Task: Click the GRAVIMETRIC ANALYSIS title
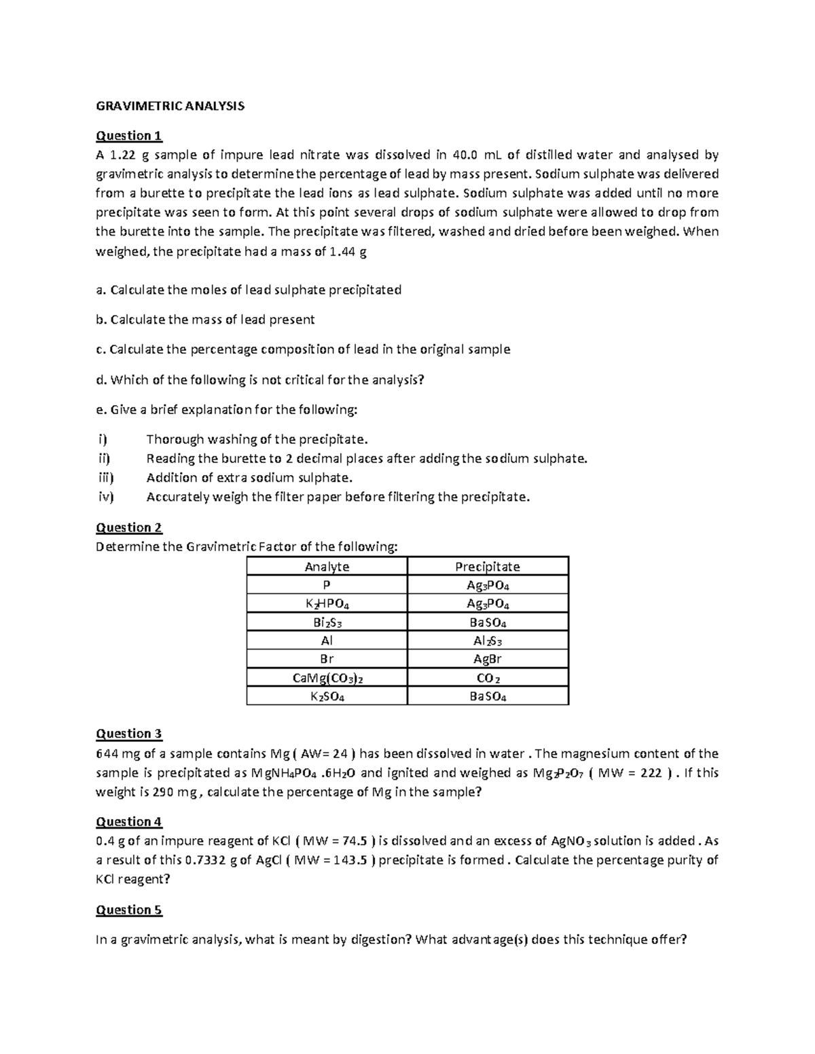[170, 106]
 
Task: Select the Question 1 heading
[129, 135]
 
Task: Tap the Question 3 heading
[129, 733]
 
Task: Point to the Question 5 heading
[129, 909]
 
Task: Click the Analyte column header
[327, 566]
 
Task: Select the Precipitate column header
[487, 566]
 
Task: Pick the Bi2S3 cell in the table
[327, 622]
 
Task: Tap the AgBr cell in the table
[487, 659]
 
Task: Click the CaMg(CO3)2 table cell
[327, 678]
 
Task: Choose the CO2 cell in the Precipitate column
[487, 678]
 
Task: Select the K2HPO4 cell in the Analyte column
[327, 604]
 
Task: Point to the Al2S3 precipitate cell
[487, 641]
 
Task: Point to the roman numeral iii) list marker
[106, 478]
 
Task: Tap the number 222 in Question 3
[651, 772]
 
